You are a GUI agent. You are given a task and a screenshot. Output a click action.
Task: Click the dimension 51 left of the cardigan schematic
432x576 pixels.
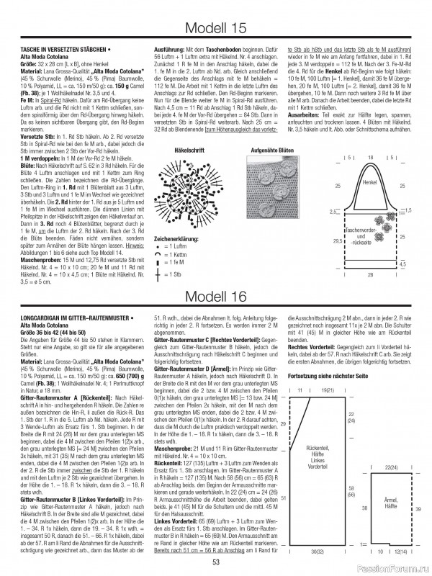(x=283, y=477)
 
